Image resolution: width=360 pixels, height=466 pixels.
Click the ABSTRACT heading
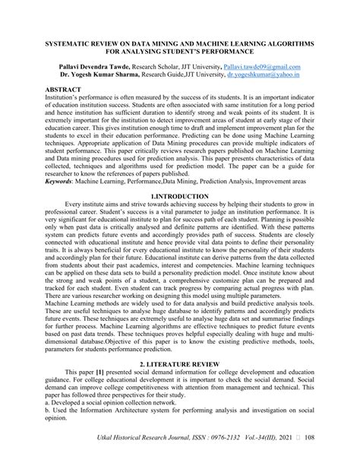click(64, 89)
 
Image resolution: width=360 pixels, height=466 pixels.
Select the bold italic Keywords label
click(62, 203)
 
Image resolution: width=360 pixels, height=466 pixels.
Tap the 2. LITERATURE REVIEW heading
click(179, 365)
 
